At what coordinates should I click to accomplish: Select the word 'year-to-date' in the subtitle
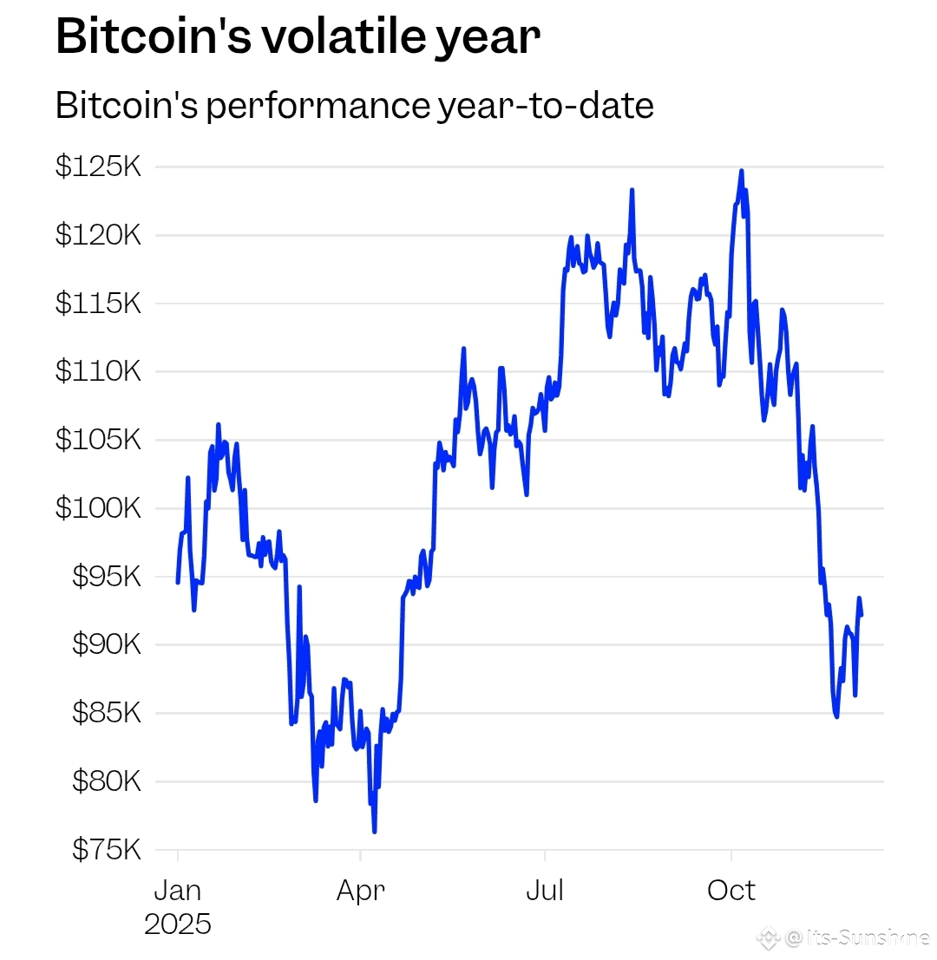point(542,106)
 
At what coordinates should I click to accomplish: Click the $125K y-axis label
point(98,167)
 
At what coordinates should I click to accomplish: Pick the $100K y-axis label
point(98,508)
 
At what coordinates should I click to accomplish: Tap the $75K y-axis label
point(105,850)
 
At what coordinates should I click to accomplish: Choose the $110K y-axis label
point(98,372)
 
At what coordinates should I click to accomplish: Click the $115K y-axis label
point(98,304)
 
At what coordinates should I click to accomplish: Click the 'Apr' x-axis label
point(361,891)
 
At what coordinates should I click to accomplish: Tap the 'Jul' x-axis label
point(545,891)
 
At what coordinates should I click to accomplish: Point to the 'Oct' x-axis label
point(731,891)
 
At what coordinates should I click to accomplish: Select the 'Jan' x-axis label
point(177,891)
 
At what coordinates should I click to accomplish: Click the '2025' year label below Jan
point(177,924)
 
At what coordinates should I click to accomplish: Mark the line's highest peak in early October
point(741,171)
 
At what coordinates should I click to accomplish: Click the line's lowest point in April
point(374,832)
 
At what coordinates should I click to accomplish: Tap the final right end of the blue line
point(861,615)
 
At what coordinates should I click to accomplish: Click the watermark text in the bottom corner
point(854,937)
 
